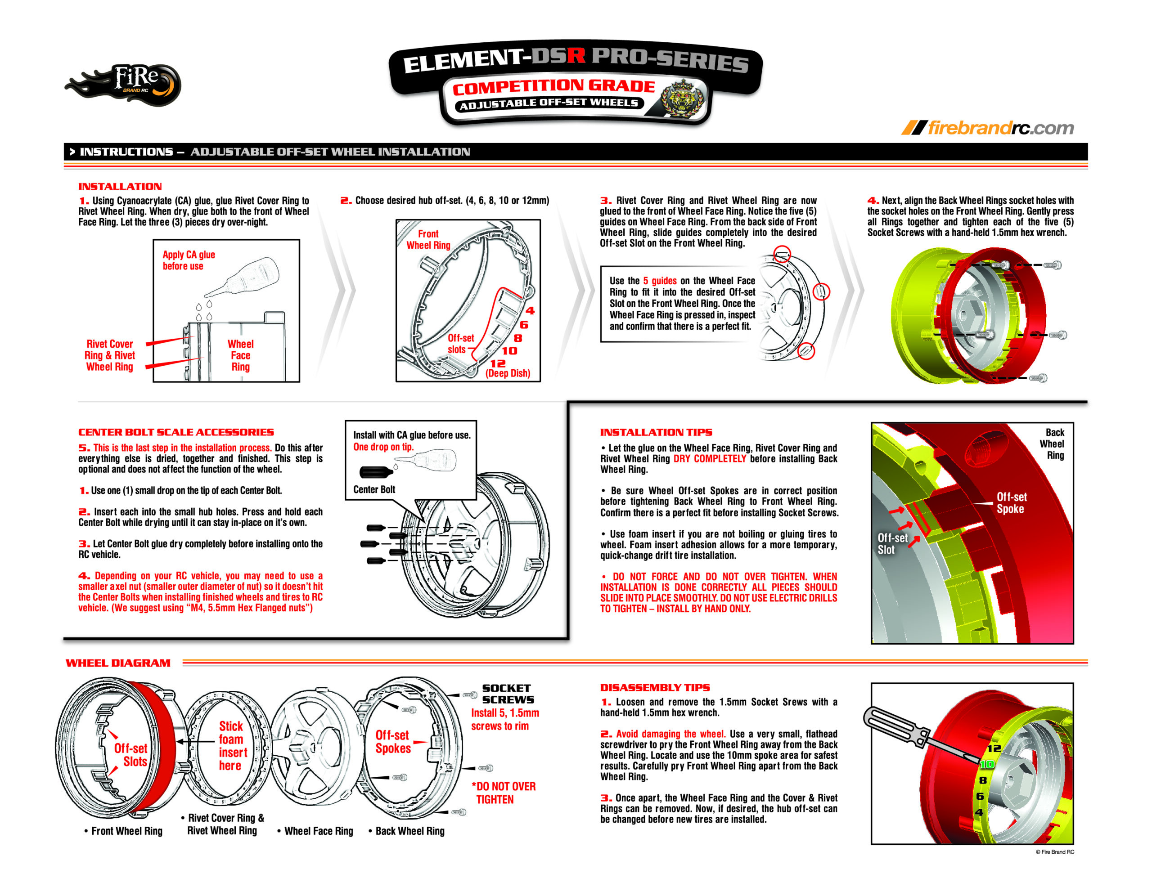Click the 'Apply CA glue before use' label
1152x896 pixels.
[x=188, y=260]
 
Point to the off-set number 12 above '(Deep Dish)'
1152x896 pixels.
[x=497, y=363]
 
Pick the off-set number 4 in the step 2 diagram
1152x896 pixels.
[x=530, y=311]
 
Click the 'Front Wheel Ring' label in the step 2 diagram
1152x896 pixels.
[x=428, y=239]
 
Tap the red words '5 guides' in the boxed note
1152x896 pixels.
[x=659, y=281]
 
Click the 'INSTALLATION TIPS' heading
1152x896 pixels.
[x=656, y=432]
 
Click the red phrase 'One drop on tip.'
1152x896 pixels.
[x=383, y=447]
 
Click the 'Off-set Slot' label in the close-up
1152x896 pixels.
[x=892, y=543]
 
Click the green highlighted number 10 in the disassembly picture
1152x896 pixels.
[x=986, y=764]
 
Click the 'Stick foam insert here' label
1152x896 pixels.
[x=232, y=745]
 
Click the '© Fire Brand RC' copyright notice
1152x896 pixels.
[x=1054, y=852]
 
